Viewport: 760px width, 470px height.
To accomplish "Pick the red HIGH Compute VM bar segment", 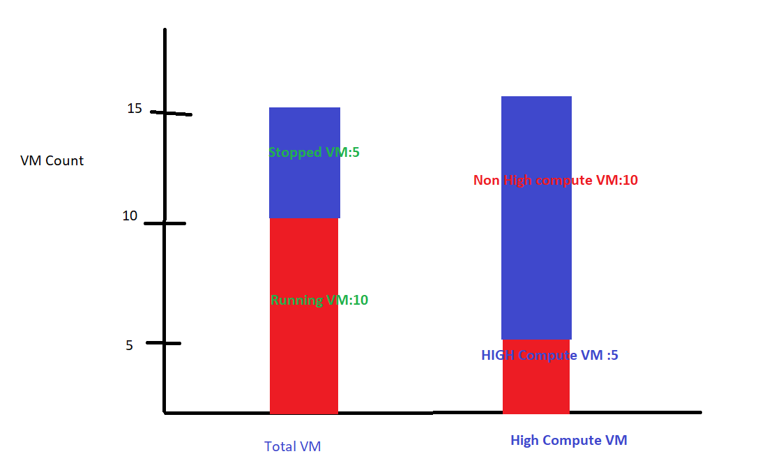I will coord(536,387).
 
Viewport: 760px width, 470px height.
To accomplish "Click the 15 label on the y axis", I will coord(135,109).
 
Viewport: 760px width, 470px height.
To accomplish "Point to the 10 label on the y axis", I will coord(130,216).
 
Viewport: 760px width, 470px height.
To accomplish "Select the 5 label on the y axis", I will coord(130,344).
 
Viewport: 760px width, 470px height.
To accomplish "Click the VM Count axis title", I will coord(52,160).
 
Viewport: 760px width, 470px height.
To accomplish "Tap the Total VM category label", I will coord(293,447).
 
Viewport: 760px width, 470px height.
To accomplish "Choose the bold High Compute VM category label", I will coord(569,440).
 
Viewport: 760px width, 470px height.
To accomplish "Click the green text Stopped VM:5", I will coord(314,152).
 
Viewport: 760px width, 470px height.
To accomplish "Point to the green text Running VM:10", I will coord(319,301).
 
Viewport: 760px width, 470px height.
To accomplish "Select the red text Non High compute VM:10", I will coord(556,181).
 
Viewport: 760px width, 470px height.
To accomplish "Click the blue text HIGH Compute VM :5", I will coord(549,355).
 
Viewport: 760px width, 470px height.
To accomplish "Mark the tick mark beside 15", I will coord(172,113).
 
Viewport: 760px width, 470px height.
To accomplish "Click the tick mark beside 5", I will coord(165,343).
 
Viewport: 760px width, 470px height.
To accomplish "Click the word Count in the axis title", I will coord(65,160).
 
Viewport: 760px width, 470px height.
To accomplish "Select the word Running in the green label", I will coord(296,301).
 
